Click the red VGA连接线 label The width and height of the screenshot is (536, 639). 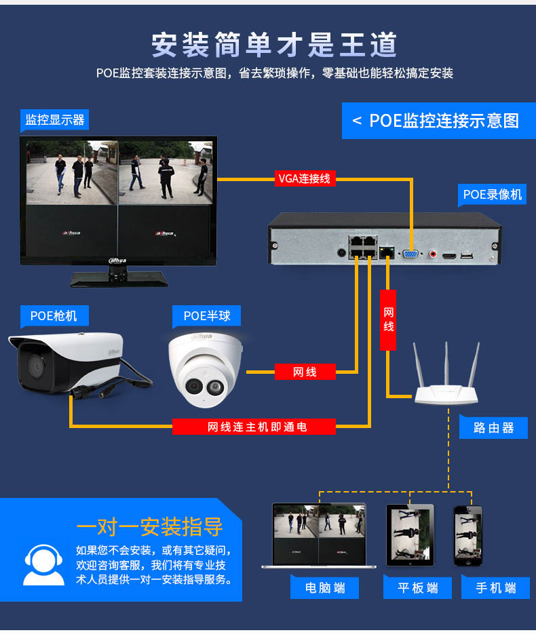[x=305, y=178]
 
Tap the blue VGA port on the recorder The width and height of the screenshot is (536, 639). [x=410, y=254]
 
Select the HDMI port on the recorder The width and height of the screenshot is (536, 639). [x=448, y=256]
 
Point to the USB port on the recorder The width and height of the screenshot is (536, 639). [x=467, y=256]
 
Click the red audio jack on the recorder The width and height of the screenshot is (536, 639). [x=432, y=254]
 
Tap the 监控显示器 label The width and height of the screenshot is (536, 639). [x=55, y=120]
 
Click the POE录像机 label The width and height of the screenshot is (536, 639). [x=493, y=195]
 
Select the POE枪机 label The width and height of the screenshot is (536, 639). [x=54, y=316]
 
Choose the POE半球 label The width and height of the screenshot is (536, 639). [x=207, y=316]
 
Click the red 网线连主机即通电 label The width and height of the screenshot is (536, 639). [x=254, y=427]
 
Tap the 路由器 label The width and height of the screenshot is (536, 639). [x=493, y=427]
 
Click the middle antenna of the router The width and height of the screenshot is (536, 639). [x=446, y=363]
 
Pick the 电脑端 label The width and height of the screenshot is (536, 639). [x=325, y=587]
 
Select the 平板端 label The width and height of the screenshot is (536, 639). [x=417, y=587]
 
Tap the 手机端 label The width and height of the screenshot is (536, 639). [x=496, y=587]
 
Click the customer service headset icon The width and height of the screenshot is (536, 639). [x=43, y=565]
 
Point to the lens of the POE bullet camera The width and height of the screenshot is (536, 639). [x=36, y=366]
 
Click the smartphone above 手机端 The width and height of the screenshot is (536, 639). [x=468, y=536]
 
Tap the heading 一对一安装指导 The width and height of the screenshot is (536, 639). [x=149, y=526]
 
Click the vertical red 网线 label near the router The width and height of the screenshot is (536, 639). [x=388, y=320]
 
